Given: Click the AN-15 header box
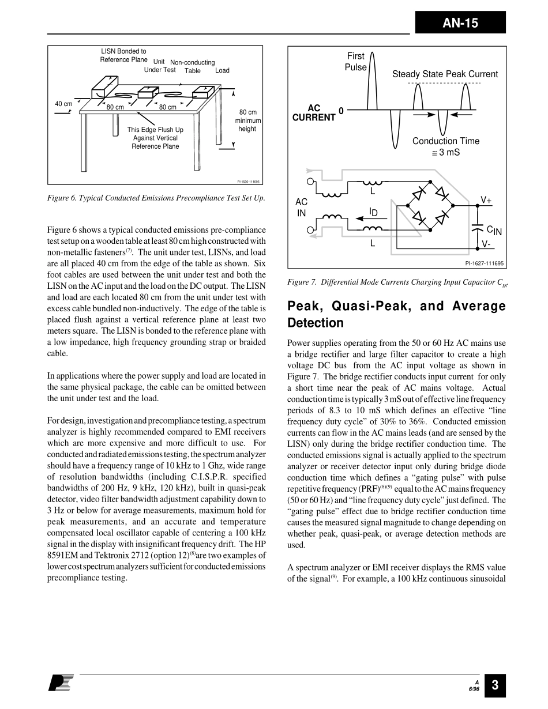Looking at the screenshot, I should click(x=460, y=23).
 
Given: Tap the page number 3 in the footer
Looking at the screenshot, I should click(x=495, y=686).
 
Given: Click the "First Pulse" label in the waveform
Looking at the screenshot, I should click(x=356, y=62).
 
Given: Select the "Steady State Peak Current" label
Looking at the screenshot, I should click(x=445, y=74).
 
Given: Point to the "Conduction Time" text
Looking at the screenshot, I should click(x=445, y=141).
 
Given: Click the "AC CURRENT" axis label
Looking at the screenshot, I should click(x=314, y=113).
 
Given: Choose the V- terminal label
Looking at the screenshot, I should click(x=486, y=244).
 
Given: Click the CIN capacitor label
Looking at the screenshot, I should click(x=494, y=231).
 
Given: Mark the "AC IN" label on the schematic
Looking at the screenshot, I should click(x=301, y=208).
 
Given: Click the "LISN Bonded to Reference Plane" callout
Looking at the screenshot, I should click(x=123, y=55).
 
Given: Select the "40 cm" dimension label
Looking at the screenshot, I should click(x=63, y=104).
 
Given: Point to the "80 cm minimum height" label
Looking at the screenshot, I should click(x=247, y=120).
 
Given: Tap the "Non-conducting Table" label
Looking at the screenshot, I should click(x=193, y=66).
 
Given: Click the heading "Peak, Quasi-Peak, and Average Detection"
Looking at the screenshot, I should click(x=396, y=314).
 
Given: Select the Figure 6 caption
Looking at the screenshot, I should click(x=156, y=198).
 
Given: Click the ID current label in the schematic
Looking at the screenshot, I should click(x=373, y=213).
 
